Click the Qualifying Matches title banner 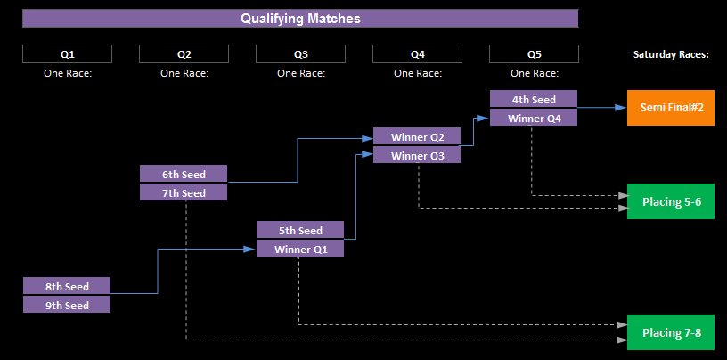(x=300, y=19)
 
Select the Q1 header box (x=67, y=53)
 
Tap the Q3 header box (x=300, y=53)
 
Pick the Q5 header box (x=535, y=53)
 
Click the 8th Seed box (x=67, y=286)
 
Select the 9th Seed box (x=67, y=305)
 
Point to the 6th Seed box (x=184, y=174)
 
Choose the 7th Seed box (x=184, y=192)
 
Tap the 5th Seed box (x=300, y=230)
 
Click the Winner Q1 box (x=300, y=249)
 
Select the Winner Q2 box (x=417, y=136)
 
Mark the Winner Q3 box (x=417, y=154)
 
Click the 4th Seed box (x=534, y=98)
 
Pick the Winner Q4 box (x=534, y=117)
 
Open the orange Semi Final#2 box (x=671, y=108)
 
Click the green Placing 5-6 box (x=671, y=201)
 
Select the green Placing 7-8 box (x=671, y=332)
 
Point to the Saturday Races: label (x=672, y=54)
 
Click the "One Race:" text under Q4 (x=418, y=73)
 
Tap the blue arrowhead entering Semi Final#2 (x=621, y=108)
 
